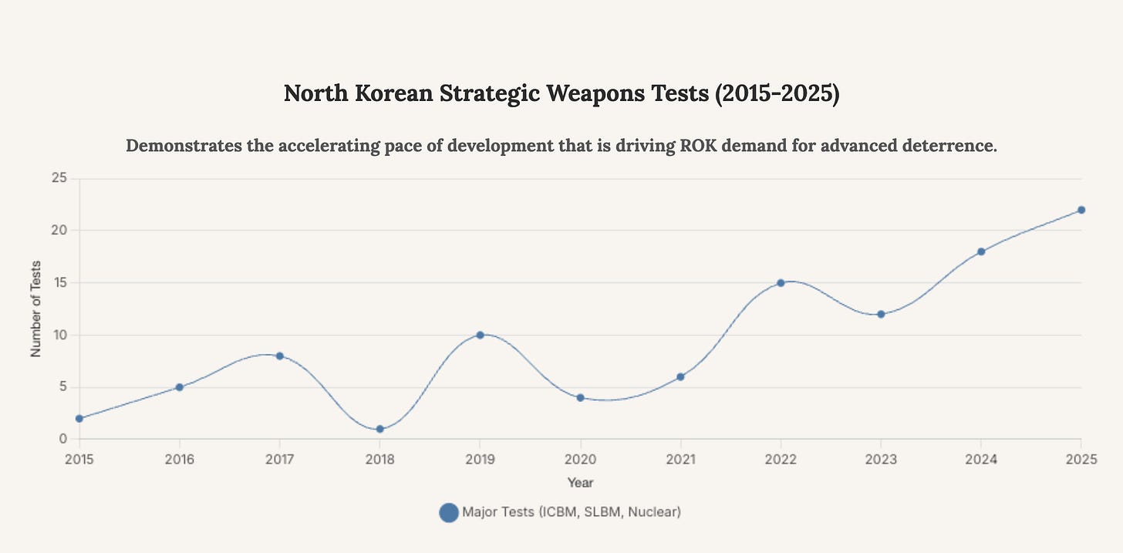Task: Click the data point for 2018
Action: point(379,429)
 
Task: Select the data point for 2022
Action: point(781,283)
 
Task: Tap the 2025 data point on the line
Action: point(1081,210)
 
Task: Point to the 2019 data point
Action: point(480,335)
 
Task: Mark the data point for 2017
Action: point(279,356)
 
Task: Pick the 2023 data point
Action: point(881,314)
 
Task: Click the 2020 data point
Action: point(580,398)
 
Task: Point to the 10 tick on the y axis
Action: point(60,335)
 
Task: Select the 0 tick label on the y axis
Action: point(63,439)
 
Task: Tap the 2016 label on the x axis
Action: point(179,460)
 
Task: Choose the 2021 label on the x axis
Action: point(680,460)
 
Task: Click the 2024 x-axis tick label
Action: point(980,460)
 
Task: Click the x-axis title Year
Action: point(580,483)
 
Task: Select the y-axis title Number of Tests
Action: point(35,309)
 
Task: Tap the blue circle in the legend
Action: point(448,512)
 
